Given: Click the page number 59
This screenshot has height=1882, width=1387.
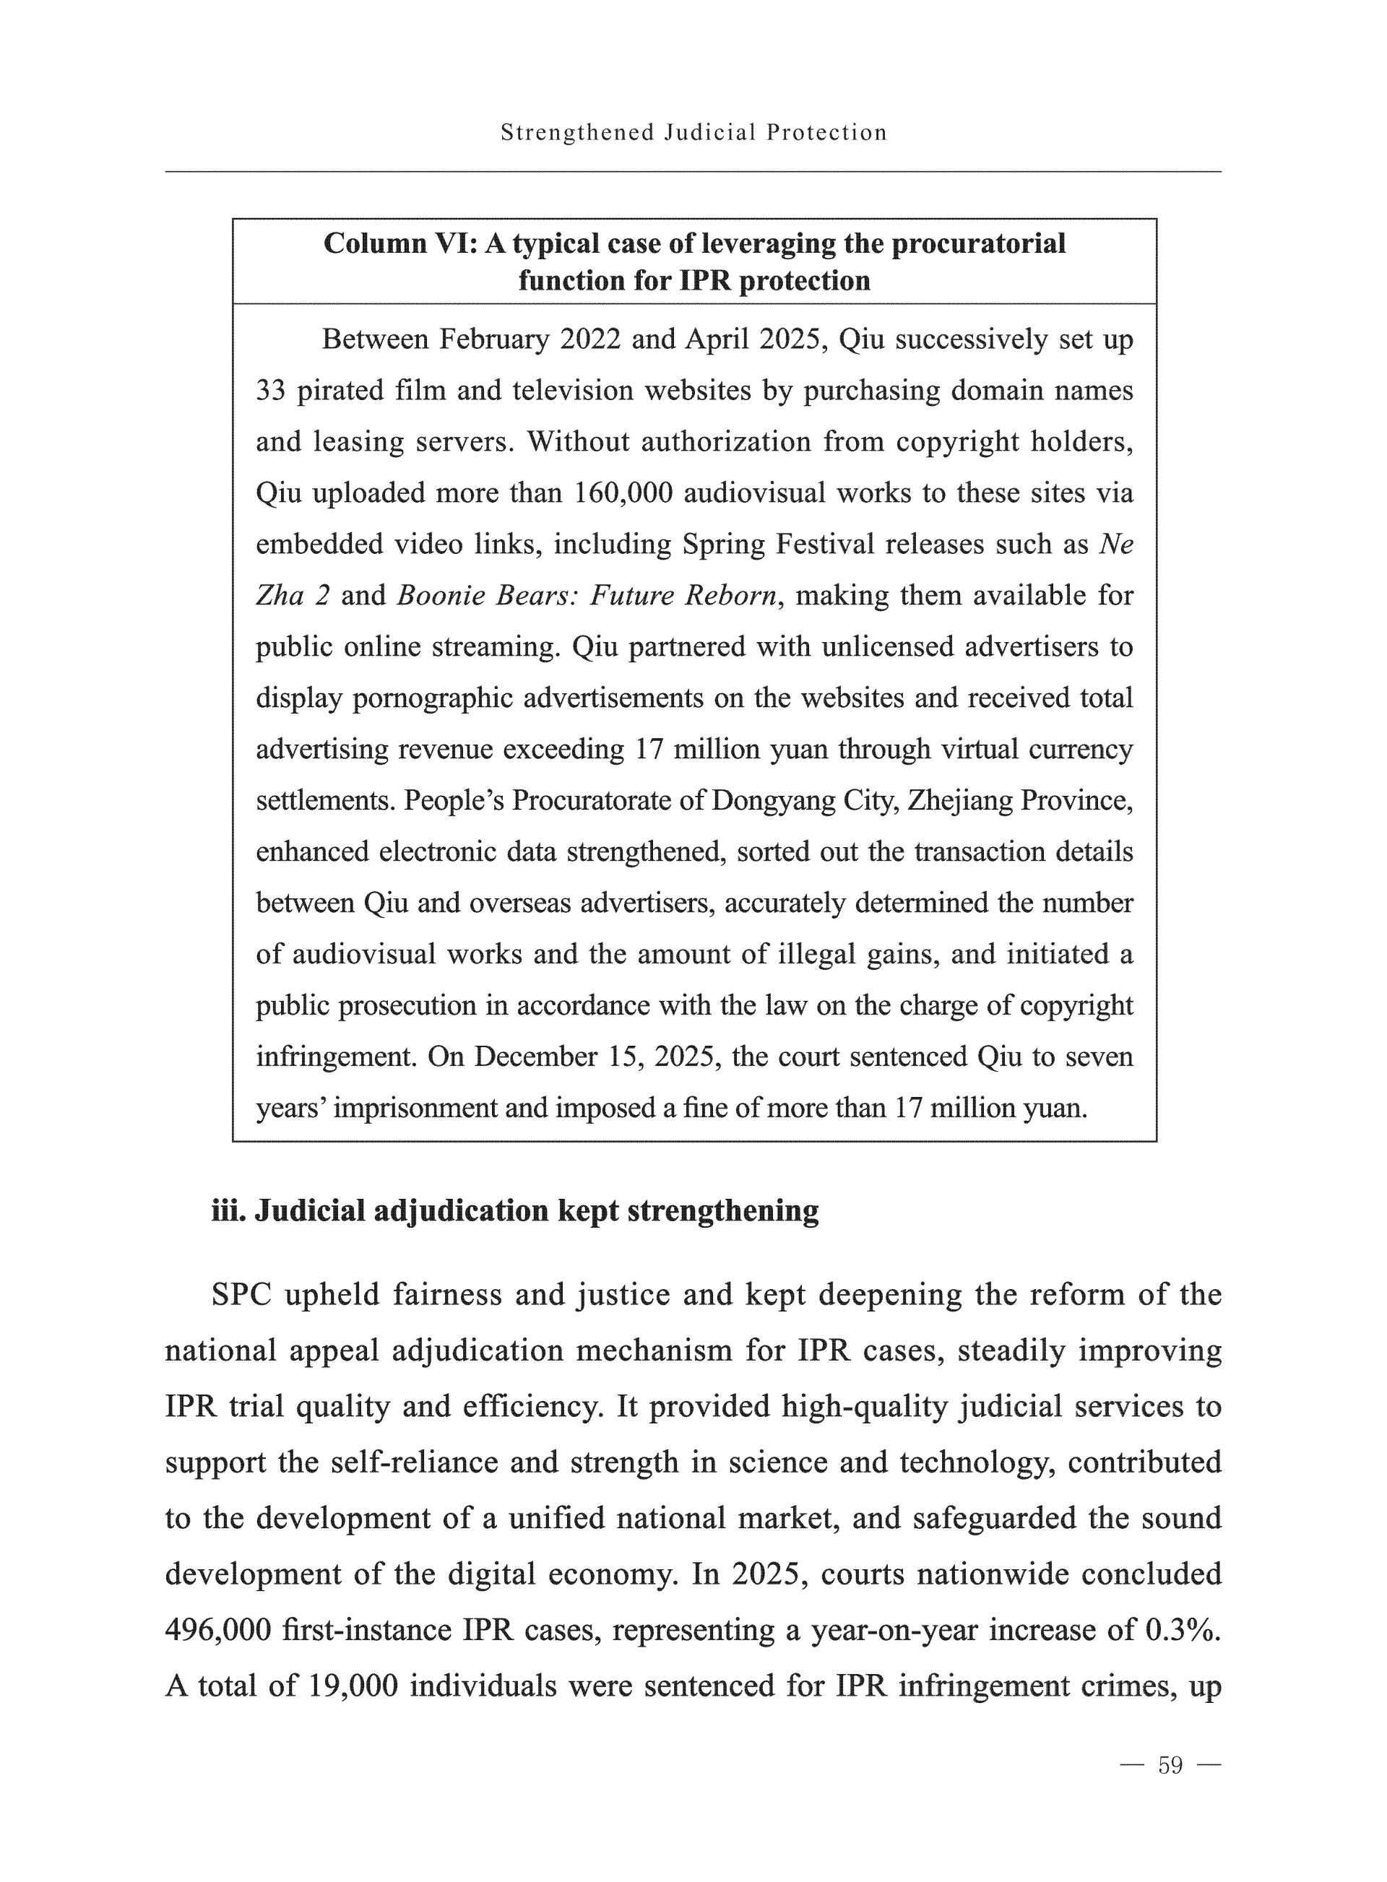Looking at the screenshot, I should point(1170,1764).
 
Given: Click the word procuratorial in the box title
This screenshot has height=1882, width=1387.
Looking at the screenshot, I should point(978,243).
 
